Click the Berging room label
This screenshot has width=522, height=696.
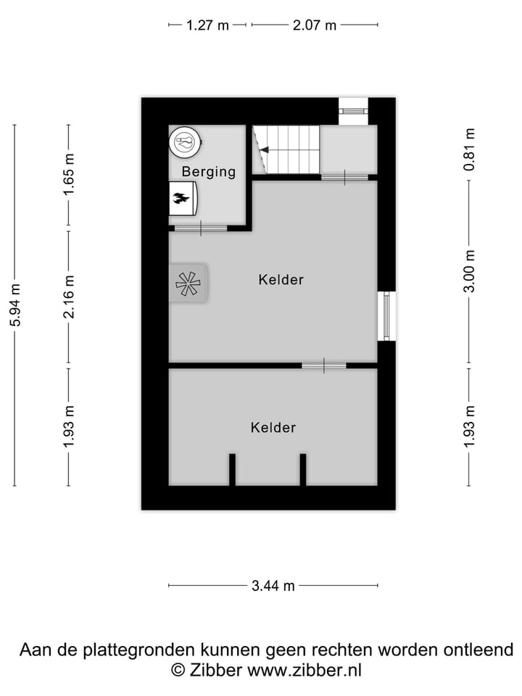pos(209,172)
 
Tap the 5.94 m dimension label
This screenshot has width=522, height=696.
pos(15,304)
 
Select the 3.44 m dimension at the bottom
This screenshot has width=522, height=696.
pos(273,586)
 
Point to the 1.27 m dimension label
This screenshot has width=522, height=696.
pos(207,25)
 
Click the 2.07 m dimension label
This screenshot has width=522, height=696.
pos(314,25)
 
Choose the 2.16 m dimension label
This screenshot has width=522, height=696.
pos(69,297)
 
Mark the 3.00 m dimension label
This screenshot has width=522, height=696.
pos(469,270)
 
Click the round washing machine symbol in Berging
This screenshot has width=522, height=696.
pos(185,141)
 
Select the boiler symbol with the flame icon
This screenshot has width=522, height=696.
pos(183,198)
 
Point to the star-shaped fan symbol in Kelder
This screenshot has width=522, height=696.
pos(188,283)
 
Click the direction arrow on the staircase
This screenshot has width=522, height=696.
pos(264,150)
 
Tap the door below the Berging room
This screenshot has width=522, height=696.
pos(201,228)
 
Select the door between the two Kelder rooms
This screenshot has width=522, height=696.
pos(324,365)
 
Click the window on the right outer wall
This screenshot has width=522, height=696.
pos(387,315)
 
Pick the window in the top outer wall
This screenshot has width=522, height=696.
pos(355,111)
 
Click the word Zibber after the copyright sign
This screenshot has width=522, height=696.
pos(216,670)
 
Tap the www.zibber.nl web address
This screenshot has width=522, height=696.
pos(304,670)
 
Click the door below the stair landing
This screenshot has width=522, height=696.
pos(344,176)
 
